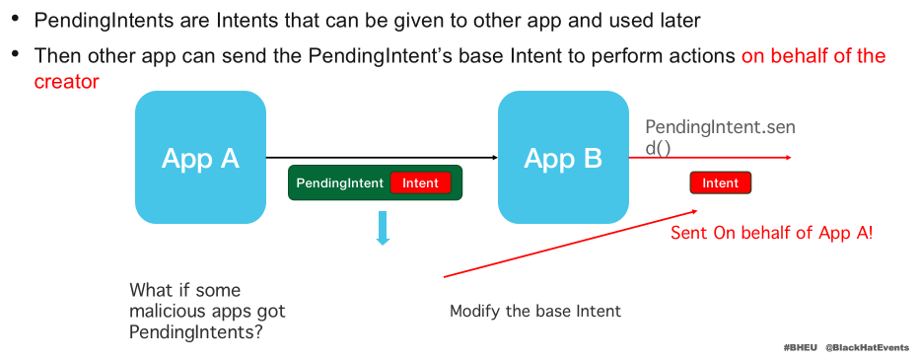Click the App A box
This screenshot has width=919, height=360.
point(200,157)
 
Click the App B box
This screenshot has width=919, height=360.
point(563,157)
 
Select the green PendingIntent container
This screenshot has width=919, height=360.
point(375,182)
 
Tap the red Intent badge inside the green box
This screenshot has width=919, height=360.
point(420,182)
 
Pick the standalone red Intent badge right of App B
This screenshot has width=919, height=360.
point(721,182)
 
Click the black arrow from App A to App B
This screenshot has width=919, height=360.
point(383,157)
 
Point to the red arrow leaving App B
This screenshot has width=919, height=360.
point(710,157)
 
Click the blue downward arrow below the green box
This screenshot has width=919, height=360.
point(384,228)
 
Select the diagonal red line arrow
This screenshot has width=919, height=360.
point(570,244)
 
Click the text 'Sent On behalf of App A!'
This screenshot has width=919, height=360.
point(772,233)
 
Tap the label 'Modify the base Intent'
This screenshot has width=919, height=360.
point(535,311)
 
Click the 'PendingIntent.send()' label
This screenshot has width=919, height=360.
point(721,138)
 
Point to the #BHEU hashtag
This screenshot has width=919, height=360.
point(800,348)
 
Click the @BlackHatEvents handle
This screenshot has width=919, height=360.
point(868,348)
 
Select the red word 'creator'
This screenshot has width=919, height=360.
point(66,82)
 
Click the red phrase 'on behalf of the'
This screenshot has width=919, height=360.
point(813,55)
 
